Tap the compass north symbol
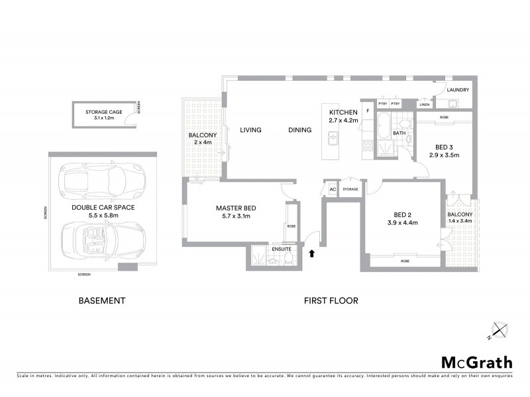(x=498, y=330)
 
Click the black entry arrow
(x=311, y=251)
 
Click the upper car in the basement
(x=101, y=178)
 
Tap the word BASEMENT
(x=101, y=300)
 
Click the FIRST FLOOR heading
(x=331, y=300)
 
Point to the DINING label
(x=299, y=130)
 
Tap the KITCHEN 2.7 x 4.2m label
(x=343, y=116)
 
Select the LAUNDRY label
(x=458, y=90)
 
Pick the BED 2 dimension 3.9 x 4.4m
(x=403, y=222)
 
